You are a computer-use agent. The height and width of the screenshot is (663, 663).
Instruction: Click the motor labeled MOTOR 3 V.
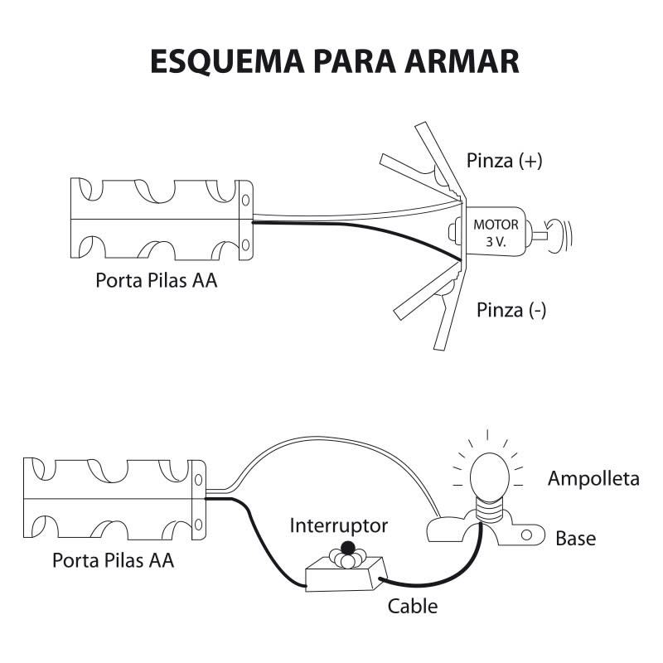(496, 234)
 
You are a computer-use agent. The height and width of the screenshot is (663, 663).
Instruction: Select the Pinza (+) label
(504, 161)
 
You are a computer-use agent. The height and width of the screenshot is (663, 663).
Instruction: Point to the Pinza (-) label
(511, 311)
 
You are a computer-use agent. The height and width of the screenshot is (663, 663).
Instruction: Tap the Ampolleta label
(593, 479)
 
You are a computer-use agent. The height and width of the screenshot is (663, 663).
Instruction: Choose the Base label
(575, 539)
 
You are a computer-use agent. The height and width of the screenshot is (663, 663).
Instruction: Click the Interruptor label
(339, 525)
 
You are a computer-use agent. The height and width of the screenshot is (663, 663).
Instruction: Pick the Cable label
(413, 606)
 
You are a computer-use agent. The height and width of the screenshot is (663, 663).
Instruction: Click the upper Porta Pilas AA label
(157, 281)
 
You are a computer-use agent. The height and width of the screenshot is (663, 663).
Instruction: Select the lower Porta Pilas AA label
(113, 560)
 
